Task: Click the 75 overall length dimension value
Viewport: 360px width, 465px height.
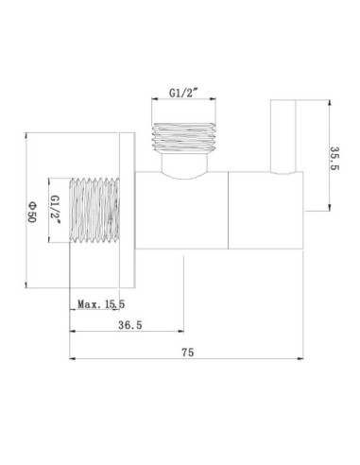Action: (187, 351)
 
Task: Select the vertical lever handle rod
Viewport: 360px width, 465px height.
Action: (282, 135)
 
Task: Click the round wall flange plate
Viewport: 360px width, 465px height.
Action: (129, 211)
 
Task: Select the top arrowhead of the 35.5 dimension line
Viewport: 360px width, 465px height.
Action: (325, 100)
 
